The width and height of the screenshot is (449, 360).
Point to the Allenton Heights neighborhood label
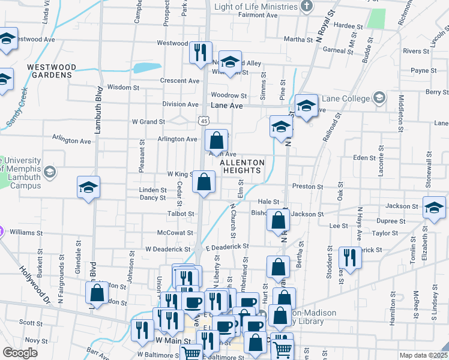click(x=243, y=166)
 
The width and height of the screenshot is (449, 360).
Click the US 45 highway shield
click(x=205, y=121)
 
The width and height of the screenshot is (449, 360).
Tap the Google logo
click(x=20, y=353)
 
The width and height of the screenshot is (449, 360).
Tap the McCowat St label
click(x=175, y=232)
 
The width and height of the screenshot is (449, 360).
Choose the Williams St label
click(x=26, y=232)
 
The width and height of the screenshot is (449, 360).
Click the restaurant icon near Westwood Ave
click(x=200, y=52)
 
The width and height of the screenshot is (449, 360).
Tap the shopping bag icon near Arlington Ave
click(x=217, y=140)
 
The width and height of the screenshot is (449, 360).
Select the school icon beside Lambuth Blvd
click(x=88, y=187)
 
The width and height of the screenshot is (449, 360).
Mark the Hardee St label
click(x=348, y=26)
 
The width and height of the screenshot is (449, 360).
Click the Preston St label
click(x=307, y=187)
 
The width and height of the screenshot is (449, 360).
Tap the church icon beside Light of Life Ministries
click(x=307, y=7)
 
